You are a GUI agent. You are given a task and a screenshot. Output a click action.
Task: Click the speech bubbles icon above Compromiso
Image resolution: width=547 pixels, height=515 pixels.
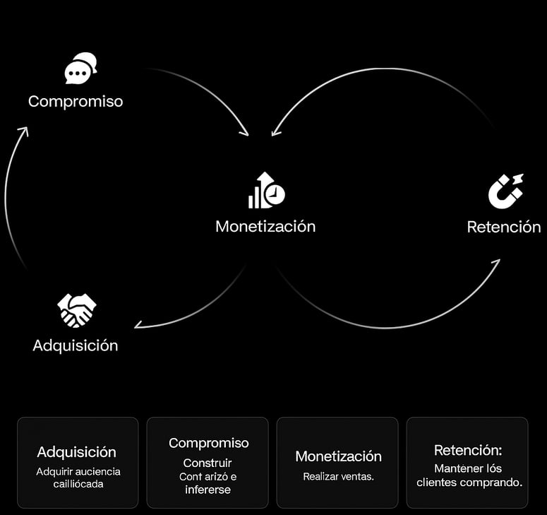[x=80, y=68]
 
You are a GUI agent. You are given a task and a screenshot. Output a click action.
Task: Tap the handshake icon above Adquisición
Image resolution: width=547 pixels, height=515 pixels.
[x=77, y=310]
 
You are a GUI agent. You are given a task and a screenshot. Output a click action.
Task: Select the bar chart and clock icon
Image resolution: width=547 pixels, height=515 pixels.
[x=267, y=190]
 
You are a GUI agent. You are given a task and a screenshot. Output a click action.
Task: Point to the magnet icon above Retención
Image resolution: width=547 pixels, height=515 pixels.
[x=506, y=191]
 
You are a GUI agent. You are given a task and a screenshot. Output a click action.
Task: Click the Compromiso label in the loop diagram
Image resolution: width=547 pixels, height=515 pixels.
[x=76, y=102]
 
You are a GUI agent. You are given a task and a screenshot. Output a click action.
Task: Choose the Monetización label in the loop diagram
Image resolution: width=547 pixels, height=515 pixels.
[x=265, y=226]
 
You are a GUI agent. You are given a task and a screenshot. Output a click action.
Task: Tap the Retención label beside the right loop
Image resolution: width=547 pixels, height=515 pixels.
[x=504, y=227]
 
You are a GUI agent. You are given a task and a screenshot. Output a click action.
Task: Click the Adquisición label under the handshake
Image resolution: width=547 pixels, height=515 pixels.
[x=76, y=345]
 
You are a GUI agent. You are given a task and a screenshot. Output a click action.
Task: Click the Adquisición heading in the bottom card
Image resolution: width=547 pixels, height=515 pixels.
[x=77, y=452]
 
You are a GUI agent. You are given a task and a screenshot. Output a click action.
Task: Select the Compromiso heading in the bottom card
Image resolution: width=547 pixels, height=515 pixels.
[x=209, y=443]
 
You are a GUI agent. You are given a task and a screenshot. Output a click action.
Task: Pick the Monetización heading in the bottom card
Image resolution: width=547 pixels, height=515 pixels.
[x=338, y=456]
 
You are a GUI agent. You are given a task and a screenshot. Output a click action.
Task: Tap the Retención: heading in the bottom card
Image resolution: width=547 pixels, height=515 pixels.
[x=468, y=450]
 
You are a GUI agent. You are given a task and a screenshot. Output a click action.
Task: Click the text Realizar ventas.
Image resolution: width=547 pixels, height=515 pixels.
[x=338, y=477]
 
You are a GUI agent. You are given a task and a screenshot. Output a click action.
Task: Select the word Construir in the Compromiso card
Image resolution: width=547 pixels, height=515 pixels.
[x=208, y=463]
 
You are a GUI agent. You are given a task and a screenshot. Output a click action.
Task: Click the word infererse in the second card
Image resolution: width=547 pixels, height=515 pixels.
[x=208, y=490]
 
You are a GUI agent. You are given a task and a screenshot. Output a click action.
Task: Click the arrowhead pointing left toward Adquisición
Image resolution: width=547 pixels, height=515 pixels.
[x=138, y=325]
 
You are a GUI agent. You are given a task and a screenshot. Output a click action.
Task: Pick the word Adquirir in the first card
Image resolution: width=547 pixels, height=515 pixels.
[x=52, y=472]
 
